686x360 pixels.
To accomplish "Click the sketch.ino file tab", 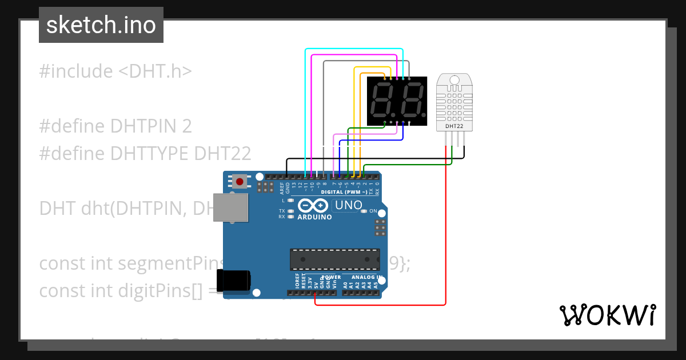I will pos(101,25).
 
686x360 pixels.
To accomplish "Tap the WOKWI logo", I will pos(607,315).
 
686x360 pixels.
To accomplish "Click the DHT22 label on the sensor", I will pos(455,125).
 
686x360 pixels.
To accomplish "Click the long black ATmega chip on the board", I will pos(334,259).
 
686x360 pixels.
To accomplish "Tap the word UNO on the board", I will pos(348,205).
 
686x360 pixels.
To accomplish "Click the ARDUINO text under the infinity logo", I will pos(314,217).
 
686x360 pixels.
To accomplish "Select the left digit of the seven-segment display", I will pos(382,101).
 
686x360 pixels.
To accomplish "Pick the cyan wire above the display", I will pos(354,50).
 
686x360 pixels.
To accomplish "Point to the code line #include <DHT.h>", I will pos(115,71).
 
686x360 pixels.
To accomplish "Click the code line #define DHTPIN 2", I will pos(115,126).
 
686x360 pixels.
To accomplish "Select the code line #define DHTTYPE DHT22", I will pos(145,153).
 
